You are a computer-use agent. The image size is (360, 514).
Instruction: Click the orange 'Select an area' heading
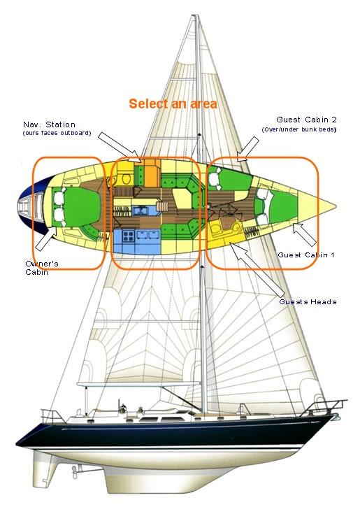click(173, 104)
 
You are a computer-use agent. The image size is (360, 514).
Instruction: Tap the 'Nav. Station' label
click(49, 124)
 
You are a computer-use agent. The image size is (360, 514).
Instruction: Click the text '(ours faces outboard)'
click(57, 133)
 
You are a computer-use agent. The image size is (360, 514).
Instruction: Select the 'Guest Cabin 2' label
click(306, 120)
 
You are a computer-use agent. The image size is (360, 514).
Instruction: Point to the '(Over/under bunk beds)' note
click(299, 129)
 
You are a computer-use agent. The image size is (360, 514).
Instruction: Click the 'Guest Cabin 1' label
click(306, 255)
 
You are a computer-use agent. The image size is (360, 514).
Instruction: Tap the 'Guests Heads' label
click(308, 302)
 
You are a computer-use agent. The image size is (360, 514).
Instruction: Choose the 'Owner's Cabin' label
click(42, 268)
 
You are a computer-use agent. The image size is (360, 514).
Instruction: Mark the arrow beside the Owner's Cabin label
click(47, 238)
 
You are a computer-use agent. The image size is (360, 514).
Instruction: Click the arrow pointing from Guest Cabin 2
click(248, 150)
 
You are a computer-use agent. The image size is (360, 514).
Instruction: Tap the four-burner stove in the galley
click(129, 236)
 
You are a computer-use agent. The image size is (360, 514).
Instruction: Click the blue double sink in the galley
click(141, 210)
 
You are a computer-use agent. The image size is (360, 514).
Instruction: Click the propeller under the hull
click(75, 472)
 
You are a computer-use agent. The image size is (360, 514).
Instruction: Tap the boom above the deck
click(138, 383)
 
